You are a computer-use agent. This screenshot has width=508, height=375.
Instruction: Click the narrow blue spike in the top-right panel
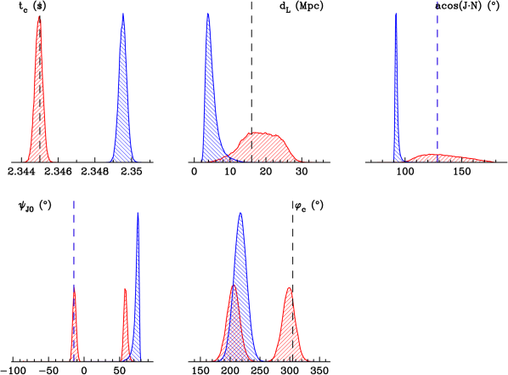click(396, 94)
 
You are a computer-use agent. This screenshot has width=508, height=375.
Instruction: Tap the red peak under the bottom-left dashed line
click(74, 332)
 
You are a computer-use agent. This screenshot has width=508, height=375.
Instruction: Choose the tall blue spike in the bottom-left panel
click(138, 289)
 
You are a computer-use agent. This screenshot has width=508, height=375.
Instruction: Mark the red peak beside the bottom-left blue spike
click(125, 327)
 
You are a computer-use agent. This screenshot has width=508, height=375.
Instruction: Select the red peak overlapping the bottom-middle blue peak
click(232, 327)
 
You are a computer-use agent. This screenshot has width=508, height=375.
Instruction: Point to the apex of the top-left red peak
click(38, 16)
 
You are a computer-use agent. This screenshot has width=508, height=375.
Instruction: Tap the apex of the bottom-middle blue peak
click(240, 213)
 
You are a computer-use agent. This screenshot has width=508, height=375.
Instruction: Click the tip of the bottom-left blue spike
click(138, 213)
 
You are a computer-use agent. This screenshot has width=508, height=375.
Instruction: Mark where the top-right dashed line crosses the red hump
click(437, 155)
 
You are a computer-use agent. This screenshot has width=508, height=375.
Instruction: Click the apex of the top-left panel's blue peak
click(123, 14)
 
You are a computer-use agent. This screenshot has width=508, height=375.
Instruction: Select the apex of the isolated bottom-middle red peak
click(290, 287)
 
